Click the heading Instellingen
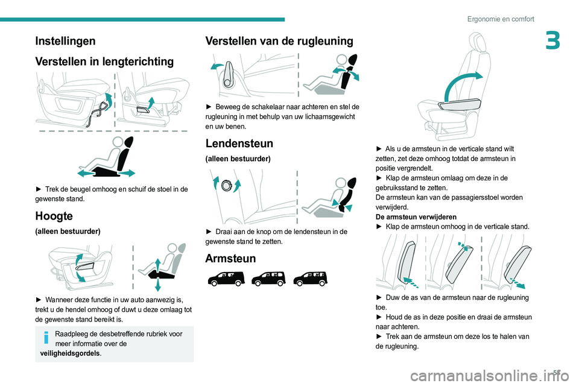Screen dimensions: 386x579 tap(65, 41)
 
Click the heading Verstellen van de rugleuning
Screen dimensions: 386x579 tap(279, 41)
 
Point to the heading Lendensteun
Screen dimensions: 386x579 tap(239, 144)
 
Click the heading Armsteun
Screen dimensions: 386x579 tap(230, 258)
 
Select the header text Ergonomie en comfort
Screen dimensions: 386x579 tap(500, 19)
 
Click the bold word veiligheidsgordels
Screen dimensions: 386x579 tap(66, 353)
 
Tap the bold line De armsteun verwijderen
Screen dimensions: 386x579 tap(415, 217)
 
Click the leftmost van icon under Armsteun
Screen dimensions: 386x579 tap(225, 278)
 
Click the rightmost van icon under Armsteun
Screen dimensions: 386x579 tap(310, 278)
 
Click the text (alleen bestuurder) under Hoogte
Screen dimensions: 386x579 tap(68, 231)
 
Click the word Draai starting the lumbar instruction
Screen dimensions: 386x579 tap(225, 232)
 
